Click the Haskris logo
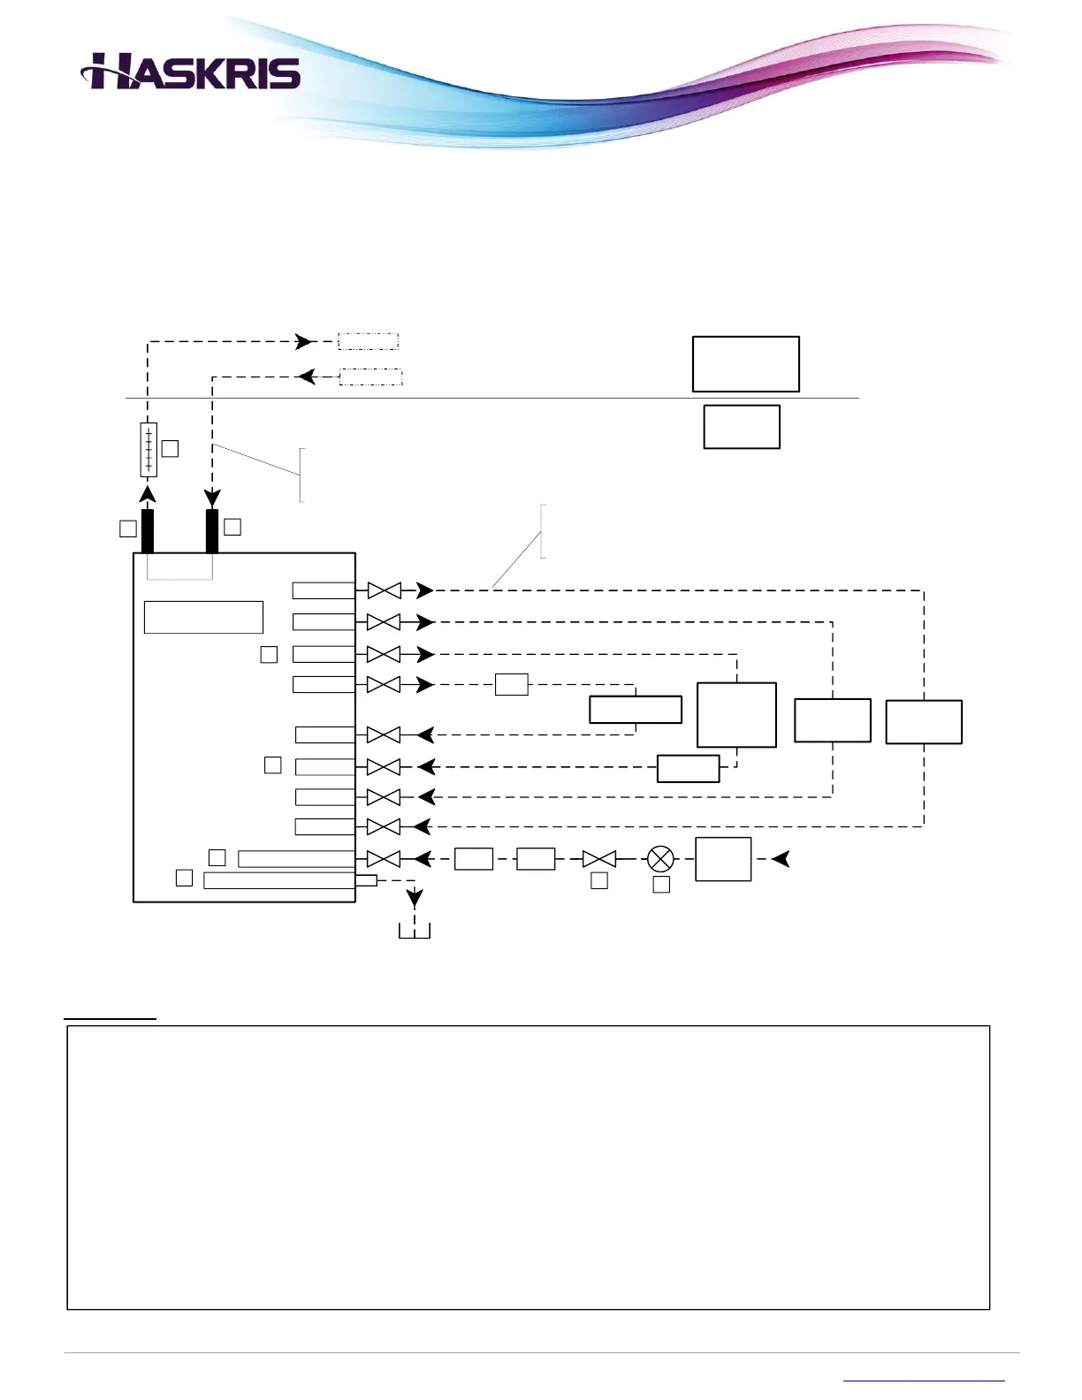pos(191,72)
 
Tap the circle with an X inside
pos(660,858)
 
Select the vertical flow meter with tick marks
pos(149,449)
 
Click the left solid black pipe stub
pos(148,530)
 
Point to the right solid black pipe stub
pos(212,530)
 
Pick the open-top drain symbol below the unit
pos(414,931)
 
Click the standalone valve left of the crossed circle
pos(599,858)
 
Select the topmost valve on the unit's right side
pos(384,590)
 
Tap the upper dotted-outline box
pos(368,341)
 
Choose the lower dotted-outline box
pos(371,377)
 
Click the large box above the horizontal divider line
pos(745,363)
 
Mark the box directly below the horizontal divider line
pos(741,427)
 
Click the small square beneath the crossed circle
pos(660,884)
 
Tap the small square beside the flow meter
pos(170,449)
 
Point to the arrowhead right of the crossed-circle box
pos(780,858)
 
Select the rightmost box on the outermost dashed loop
pos(923,721)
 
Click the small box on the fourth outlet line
pos(511,684)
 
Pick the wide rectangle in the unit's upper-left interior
pos(203,617)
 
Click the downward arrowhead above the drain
pos(414,900)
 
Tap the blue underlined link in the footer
pos(924,1380)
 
